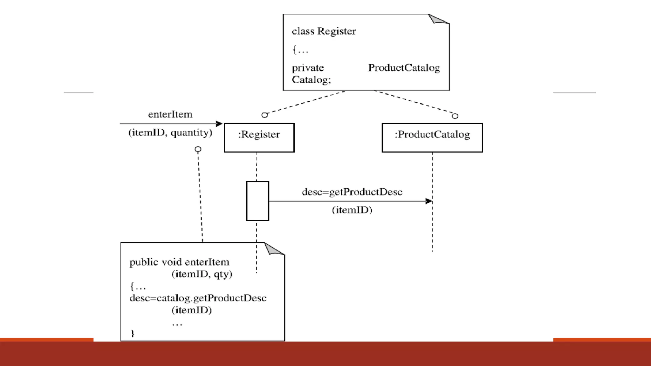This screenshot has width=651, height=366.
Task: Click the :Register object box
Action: [x=259, y=138]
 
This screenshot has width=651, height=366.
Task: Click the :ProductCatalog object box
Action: [x=432, y=138]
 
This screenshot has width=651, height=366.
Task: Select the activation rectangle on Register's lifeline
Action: [x=257, y=201]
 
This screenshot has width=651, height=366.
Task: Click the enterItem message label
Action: [x=170, y=114]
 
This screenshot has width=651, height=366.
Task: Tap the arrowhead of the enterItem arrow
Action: [x=219, y=124]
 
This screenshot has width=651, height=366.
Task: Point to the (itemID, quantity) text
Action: [x=170, y=132]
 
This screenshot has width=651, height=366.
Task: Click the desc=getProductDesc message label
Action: [x=352, y=192]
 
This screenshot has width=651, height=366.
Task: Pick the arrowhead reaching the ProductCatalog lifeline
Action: [x=429, y=201]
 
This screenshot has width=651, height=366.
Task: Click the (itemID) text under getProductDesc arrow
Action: [x=352, y=210]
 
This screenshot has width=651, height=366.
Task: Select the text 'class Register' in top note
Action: [x=324, y=31]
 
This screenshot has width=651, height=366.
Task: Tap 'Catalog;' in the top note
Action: [x=311, y=79]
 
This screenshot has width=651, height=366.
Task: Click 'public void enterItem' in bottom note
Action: [x=179, y=262]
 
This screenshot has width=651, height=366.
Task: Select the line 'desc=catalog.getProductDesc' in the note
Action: [x=198, y=298]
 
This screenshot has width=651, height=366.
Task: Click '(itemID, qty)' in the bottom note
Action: [x=202, y=274]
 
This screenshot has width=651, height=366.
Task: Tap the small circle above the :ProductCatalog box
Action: [x=455, y=116]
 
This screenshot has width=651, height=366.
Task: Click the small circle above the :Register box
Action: [x=264, y=115]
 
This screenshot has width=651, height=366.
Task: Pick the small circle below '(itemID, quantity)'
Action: [x=198, y=149]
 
